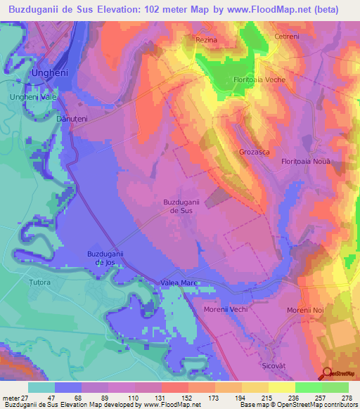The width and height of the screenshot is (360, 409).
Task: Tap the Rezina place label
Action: [207, 41]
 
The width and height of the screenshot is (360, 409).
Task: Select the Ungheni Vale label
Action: [32, 97]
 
